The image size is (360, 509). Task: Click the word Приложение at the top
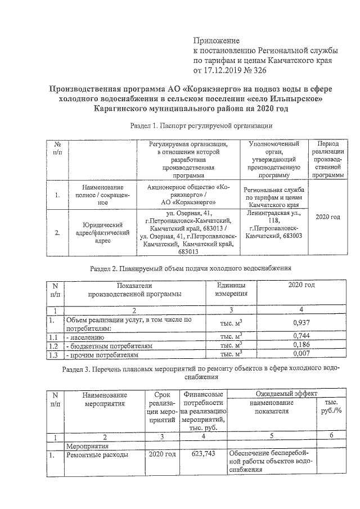(x=217, y=40)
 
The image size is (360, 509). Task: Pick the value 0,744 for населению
(x=303, y=336)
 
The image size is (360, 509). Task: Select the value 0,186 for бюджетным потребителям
(x=303, y=345)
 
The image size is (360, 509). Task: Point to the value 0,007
(x=303, y=355)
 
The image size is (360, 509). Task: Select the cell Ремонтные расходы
(x=97, y=453)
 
